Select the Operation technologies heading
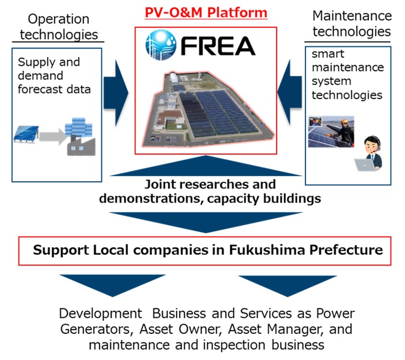point(58,27)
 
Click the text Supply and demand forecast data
point(54,75)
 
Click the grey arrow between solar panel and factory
point(53,137)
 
